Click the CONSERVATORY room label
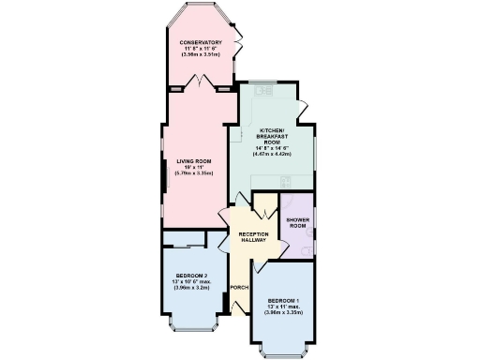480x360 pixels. click(x=201, y=42)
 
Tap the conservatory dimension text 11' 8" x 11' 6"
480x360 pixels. click(x=201, y=49)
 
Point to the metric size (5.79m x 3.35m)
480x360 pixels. click(x=194, y=173)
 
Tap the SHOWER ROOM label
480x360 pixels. click(x=298, y=223)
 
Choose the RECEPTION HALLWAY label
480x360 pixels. click(x=253, y=237)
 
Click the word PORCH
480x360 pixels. click(x=238, y=285)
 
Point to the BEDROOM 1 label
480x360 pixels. click(x=281, y=301)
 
